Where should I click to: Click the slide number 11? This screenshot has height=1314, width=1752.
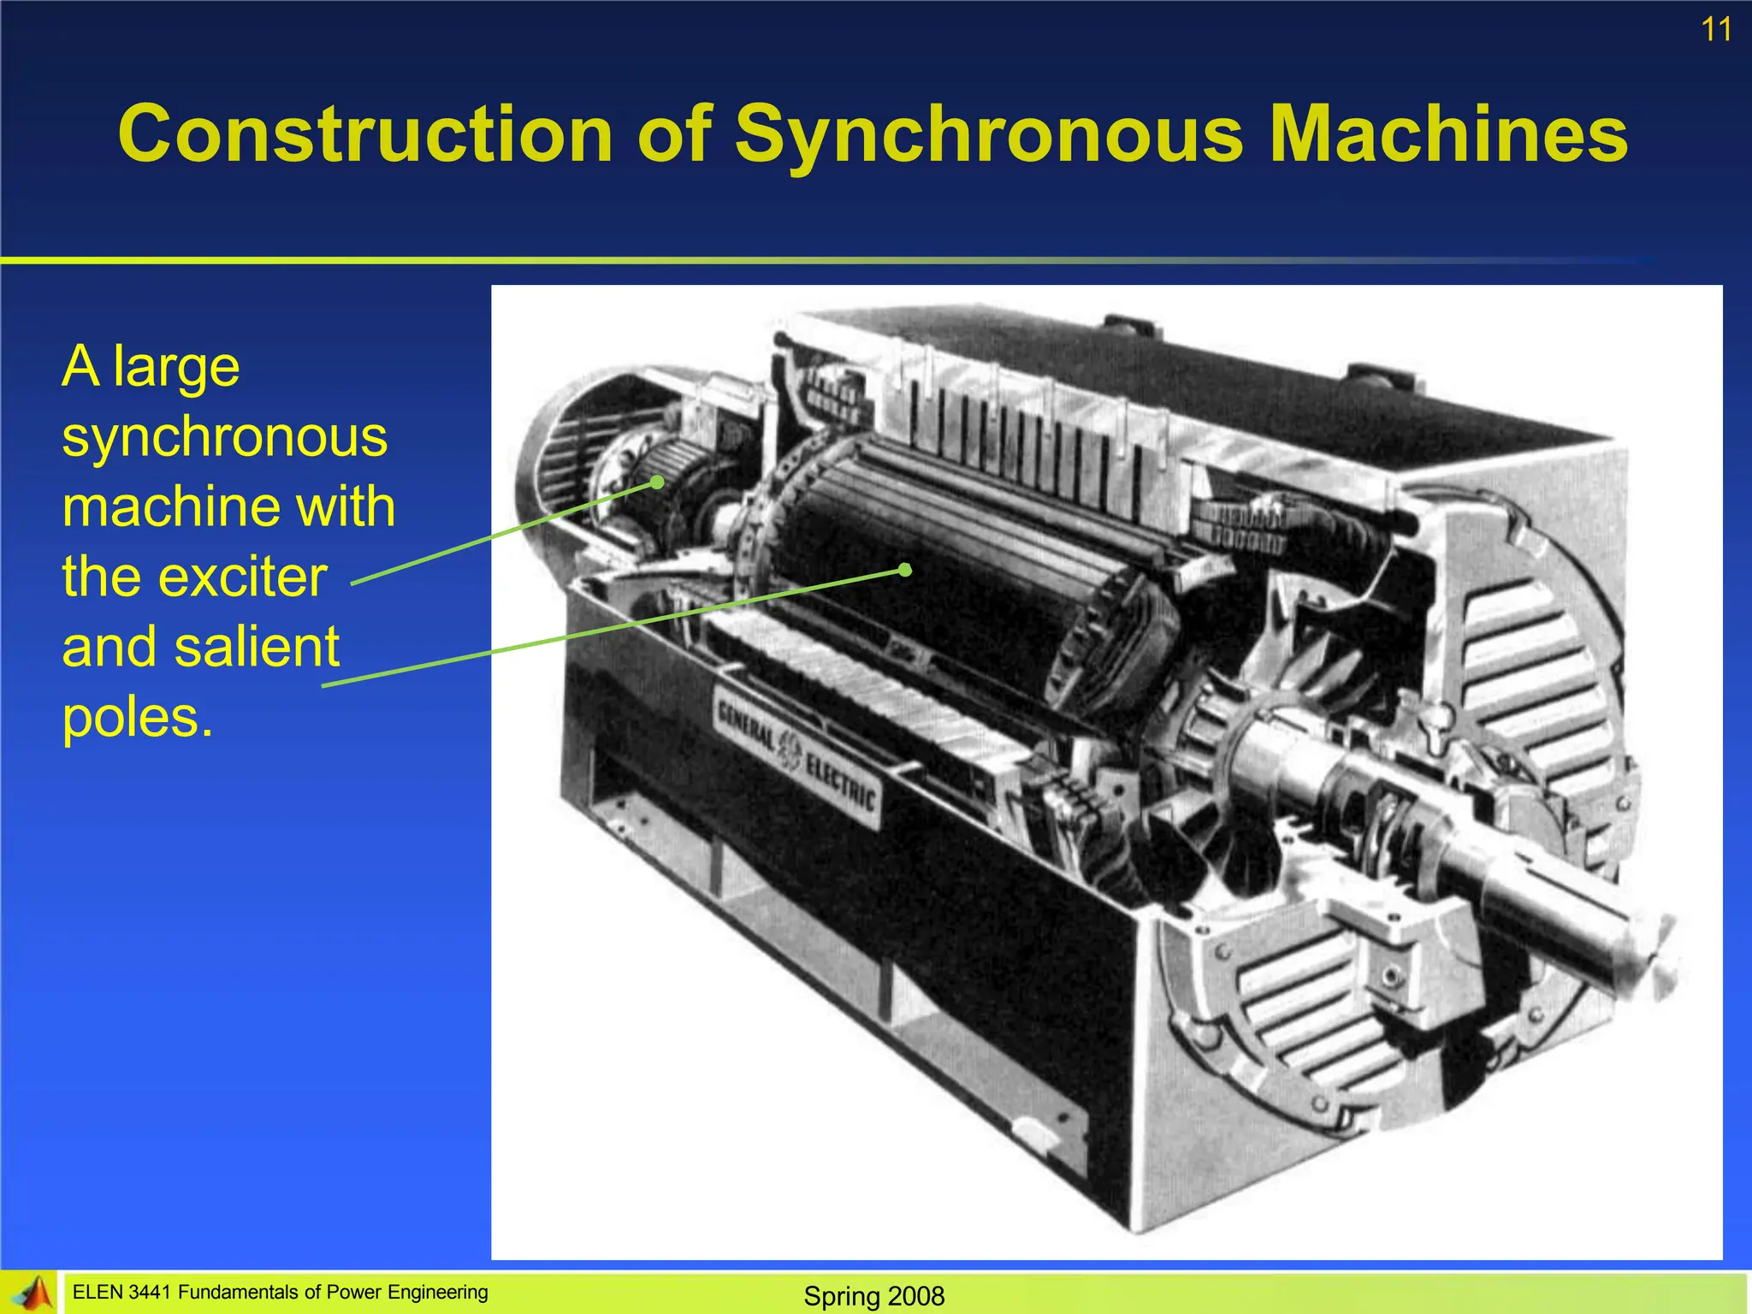1715,30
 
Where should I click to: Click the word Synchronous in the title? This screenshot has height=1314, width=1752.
989,134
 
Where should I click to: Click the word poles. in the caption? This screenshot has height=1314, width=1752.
137,717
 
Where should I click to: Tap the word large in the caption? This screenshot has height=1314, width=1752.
176,368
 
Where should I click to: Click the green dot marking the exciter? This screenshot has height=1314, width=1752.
657,482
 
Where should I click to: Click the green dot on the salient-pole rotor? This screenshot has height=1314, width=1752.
905,569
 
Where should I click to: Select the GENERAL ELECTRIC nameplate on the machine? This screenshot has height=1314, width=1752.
796,756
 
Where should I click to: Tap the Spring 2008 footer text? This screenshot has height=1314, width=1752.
873,1296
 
